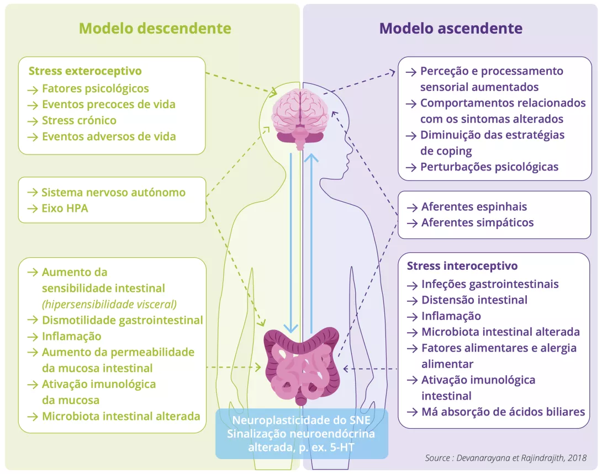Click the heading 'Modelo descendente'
click(155, 28)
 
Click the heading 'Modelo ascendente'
click(451, 28)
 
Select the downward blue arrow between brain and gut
click(291, 243)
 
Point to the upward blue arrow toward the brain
click(311, 243)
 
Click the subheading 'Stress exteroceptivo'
click(85, 71)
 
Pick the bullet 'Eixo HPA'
click(65, 209)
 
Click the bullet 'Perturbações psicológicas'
click(489, 167)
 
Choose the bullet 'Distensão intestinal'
click(474, 300)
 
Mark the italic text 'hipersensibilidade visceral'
click(109, 304)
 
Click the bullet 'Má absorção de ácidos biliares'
click(503, 412)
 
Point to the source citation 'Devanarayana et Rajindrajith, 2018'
click(505, 458)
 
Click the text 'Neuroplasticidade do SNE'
click(302, 420)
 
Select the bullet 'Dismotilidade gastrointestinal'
click(122, 320)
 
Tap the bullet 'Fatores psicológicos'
click(95, 88)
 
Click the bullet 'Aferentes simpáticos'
click(477, 223)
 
